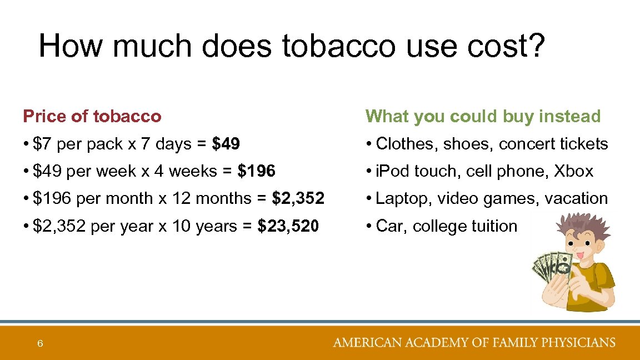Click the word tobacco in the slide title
click(x=338, y=46)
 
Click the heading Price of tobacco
click(x=92, y=117)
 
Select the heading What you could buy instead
click(x=483, y=117)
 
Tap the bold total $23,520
click(x=288, y=227)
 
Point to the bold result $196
click(x=256, y=172)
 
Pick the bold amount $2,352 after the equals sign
click(x=298, y=199)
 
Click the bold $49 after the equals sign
click(x=226, y=144)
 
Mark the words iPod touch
click(x=412, y=172)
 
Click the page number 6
click(x=40, y=344)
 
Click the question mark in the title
click(x=534, y=46)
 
